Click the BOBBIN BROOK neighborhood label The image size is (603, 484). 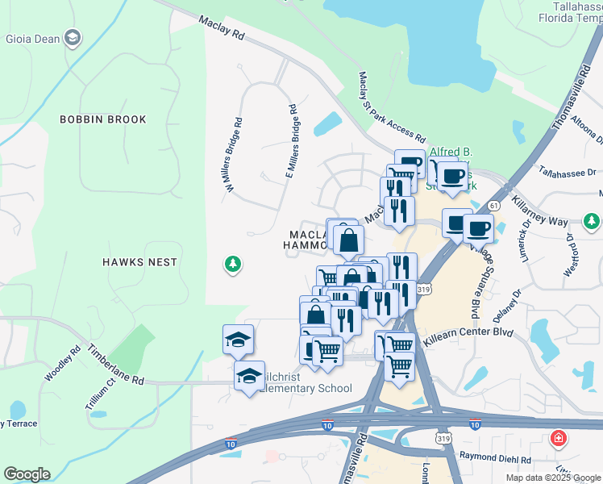point(103,119)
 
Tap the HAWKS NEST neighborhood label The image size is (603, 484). point(139,262)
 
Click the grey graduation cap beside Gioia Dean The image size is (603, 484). point(73,38)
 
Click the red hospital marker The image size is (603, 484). point(557,439)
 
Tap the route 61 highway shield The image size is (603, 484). point(493,206)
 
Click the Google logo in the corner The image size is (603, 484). point(27,474)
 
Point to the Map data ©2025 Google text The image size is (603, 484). point(551,477)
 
